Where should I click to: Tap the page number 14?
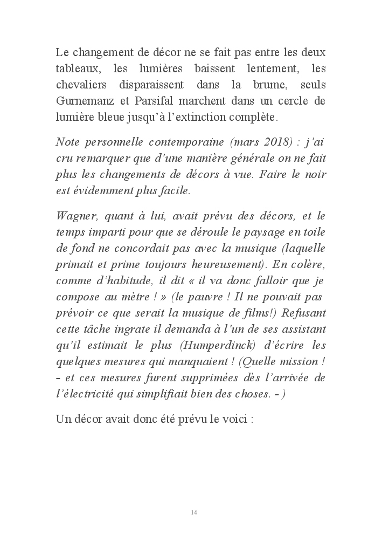coord(194,512)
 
